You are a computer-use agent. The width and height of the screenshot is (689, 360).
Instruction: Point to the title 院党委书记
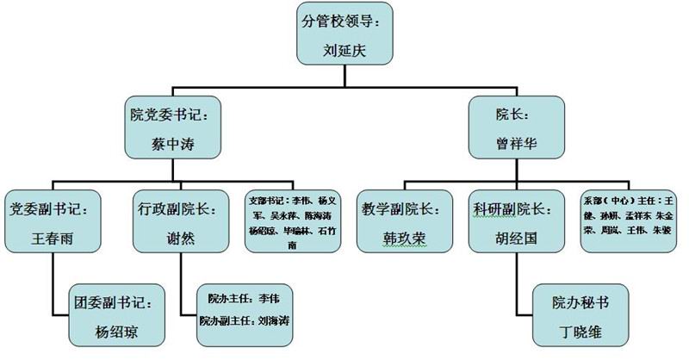click(172, 113)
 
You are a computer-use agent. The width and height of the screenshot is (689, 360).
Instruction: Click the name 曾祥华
click(517, 145)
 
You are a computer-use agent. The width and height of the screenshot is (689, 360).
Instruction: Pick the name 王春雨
click(53, 239)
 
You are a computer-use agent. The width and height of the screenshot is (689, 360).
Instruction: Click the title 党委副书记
click(53, 208)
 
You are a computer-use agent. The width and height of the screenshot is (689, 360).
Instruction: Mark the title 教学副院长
click(403, 208)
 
